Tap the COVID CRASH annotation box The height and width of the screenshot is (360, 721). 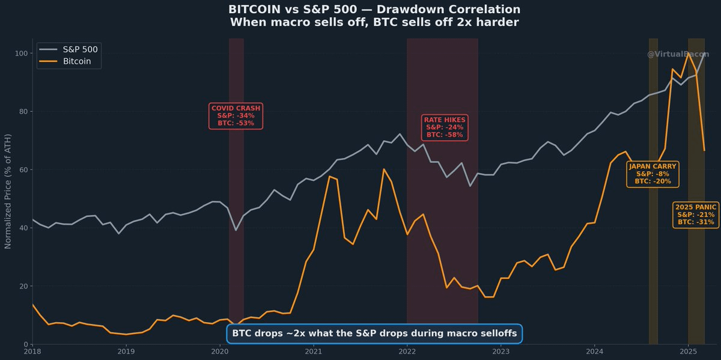pos(236,115)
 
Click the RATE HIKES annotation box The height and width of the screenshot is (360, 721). pos(445,127)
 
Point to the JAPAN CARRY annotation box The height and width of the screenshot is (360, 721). pos(653,174)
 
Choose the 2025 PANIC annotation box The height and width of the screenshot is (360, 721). pos(696,214)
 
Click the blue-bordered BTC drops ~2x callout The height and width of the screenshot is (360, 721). pos(374,334)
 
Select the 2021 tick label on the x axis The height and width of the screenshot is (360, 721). pos(313,352)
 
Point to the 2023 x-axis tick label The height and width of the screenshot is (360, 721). pos(500,352)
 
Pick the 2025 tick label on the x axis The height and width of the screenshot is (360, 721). pos(688,352)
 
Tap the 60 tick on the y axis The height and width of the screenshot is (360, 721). pos(22,170)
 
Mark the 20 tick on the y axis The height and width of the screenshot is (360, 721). pos(22,286)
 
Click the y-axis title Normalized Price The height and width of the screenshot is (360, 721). pos(8,191)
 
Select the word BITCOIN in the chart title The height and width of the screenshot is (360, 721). pos(254,10)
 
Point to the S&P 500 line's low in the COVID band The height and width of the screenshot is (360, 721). pos(236,230)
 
